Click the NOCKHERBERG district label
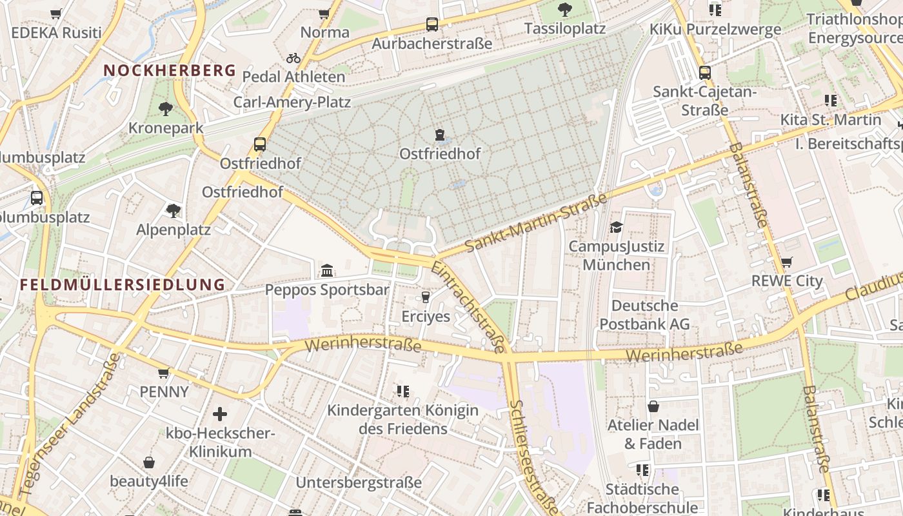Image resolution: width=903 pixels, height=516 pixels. click(x=170, y=70)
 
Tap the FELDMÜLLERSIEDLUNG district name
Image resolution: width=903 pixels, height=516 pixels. click(x=123, y=284)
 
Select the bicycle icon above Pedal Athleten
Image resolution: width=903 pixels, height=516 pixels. click(x=293, y=58)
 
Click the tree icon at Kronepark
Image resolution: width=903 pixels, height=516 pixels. click(x=166, y=108)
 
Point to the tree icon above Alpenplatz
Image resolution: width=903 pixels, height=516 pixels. click(x=173, y=210)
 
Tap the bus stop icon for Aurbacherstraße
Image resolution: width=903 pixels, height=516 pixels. click(x=432, y=25)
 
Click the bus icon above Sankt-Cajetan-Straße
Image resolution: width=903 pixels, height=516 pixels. click(x=704, y=73)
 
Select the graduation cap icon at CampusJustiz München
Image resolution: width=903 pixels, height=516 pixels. click(x=616, y=227)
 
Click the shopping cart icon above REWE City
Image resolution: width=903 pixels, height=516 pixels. click(x=787, y=262)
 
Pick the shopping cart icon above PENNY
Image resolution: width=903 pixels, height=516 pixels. click(x=164, y=373)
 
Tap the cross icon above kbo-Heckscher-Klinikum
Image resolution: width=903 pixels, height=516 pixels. click(x=220, y=414)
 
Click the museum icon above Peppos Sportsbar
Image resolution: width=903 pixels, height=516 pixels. click(x=327, y=270)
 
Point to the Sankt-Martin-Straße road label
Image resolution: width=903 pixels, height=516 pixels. click(x=536, y=223)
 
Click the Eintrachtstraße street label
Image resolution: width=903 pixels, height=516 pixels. click(x=469, y=307)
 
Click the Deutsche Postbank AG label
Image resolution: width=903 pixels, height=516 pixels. click(x=644, y=315)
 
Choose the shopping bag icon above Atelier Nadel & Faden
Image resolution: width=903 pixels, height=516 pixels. click(x=653, y=406)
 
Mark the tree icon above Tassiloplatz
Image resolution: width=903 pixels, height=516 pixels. click(x=564, y=10)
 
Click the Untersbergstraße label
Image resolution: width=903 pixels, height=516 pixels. click(x=359, y=482)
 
